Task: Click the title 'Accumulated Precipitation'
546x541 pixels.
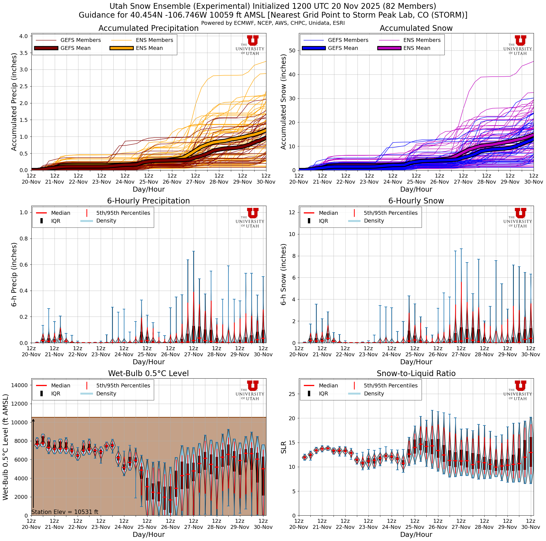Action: [148, 28]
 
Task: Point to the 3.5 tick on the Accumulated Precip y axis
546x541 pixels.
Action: [24, 53]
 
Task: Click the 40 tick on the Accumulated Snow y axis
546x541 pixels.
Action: [292, 75]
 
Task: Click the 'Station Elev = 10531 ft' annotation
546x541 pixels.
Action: [65, 512]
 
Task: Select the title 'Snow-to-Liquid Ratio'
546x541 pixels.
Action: [416, 373]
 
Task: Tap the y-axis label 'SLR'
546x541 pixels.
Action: [283, 447]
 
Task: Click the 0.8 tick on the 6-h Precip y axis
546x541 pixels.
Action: [24, 239]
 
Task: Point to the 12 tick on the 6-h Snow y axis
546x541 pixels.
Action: [292, 212]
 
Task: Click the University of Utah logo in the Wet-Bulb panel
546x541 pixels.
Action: [250, 390]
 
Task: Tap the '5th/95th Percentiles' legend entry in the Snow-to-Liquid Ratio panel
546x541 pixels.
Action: [390, 385]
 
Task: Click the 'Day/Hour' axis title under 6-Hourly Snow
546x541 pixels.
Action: [416, 362]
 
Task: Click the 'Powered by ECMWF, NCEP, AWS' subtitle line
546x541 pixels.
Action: [273, 23]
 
